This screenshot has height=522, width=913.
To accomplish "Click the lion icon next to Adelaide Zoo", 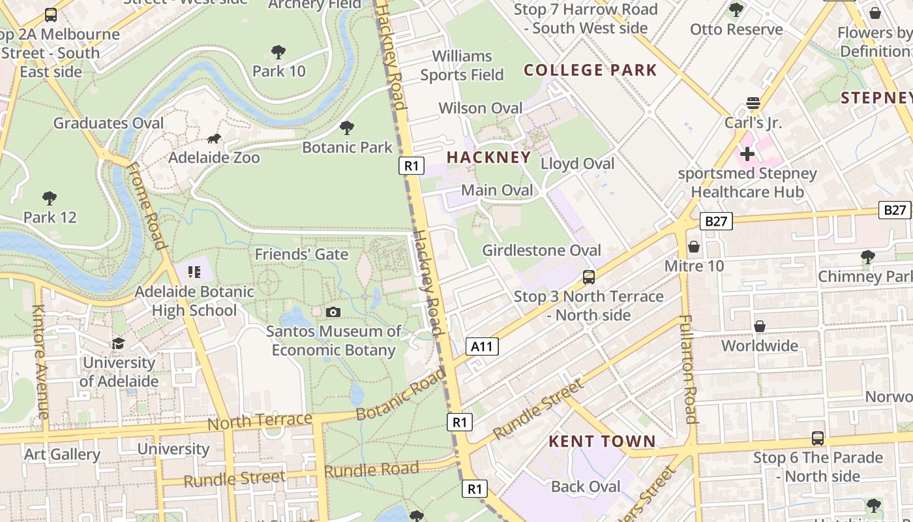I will click(x=214, y=138).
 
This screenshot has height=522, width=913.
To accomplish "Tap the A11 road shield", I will click(x=482, y=346).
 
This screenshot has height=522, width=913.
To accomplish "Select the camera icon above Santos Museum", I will click(x=333, y=312).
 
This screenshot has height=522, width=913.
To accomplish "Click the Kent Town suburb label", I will click(x=601, y=441).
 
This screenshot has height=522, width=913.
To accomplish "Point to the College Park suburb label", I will click(x=590, y=70).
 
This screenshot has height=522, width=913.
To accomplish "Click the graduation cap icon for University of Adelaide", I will click(x=118, y=343).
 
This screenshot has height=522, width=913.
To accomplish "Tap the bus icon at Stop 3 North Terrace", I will click(x=588, y=277).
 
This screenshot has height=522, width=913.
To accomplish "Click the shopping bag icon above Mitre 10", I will click(x=694, y=247).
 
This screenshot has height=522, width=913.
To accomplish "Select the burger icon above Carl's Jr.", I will click(x=753, y=103).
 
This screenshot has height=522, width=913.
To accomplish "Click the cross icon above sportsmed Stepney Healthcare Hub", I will click(x=747, y=154).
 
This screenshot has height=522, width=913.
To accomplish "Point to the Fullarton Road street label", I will click(x=689, y=369).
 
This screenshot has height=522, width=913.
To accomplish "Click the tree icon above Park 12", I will click(x=49, y=198).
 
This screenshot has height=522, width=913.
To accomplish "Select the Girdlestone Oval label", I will click(x=541, y=251).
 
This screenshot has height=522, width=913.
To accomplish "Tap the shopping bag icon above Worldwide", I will click(x=759, y=326).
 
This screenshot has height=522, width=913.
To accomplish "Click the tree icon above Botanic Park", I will click(x=347, y=127).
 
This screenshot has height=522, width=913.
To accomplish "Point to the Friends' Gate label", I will click(x=301, y=254).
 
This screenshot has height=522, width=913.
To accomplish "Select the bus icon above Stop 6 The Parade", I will click(x=817, y=438).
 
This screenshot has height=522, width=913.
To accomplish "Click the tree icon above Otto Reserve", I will click(x=736, y=10).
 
